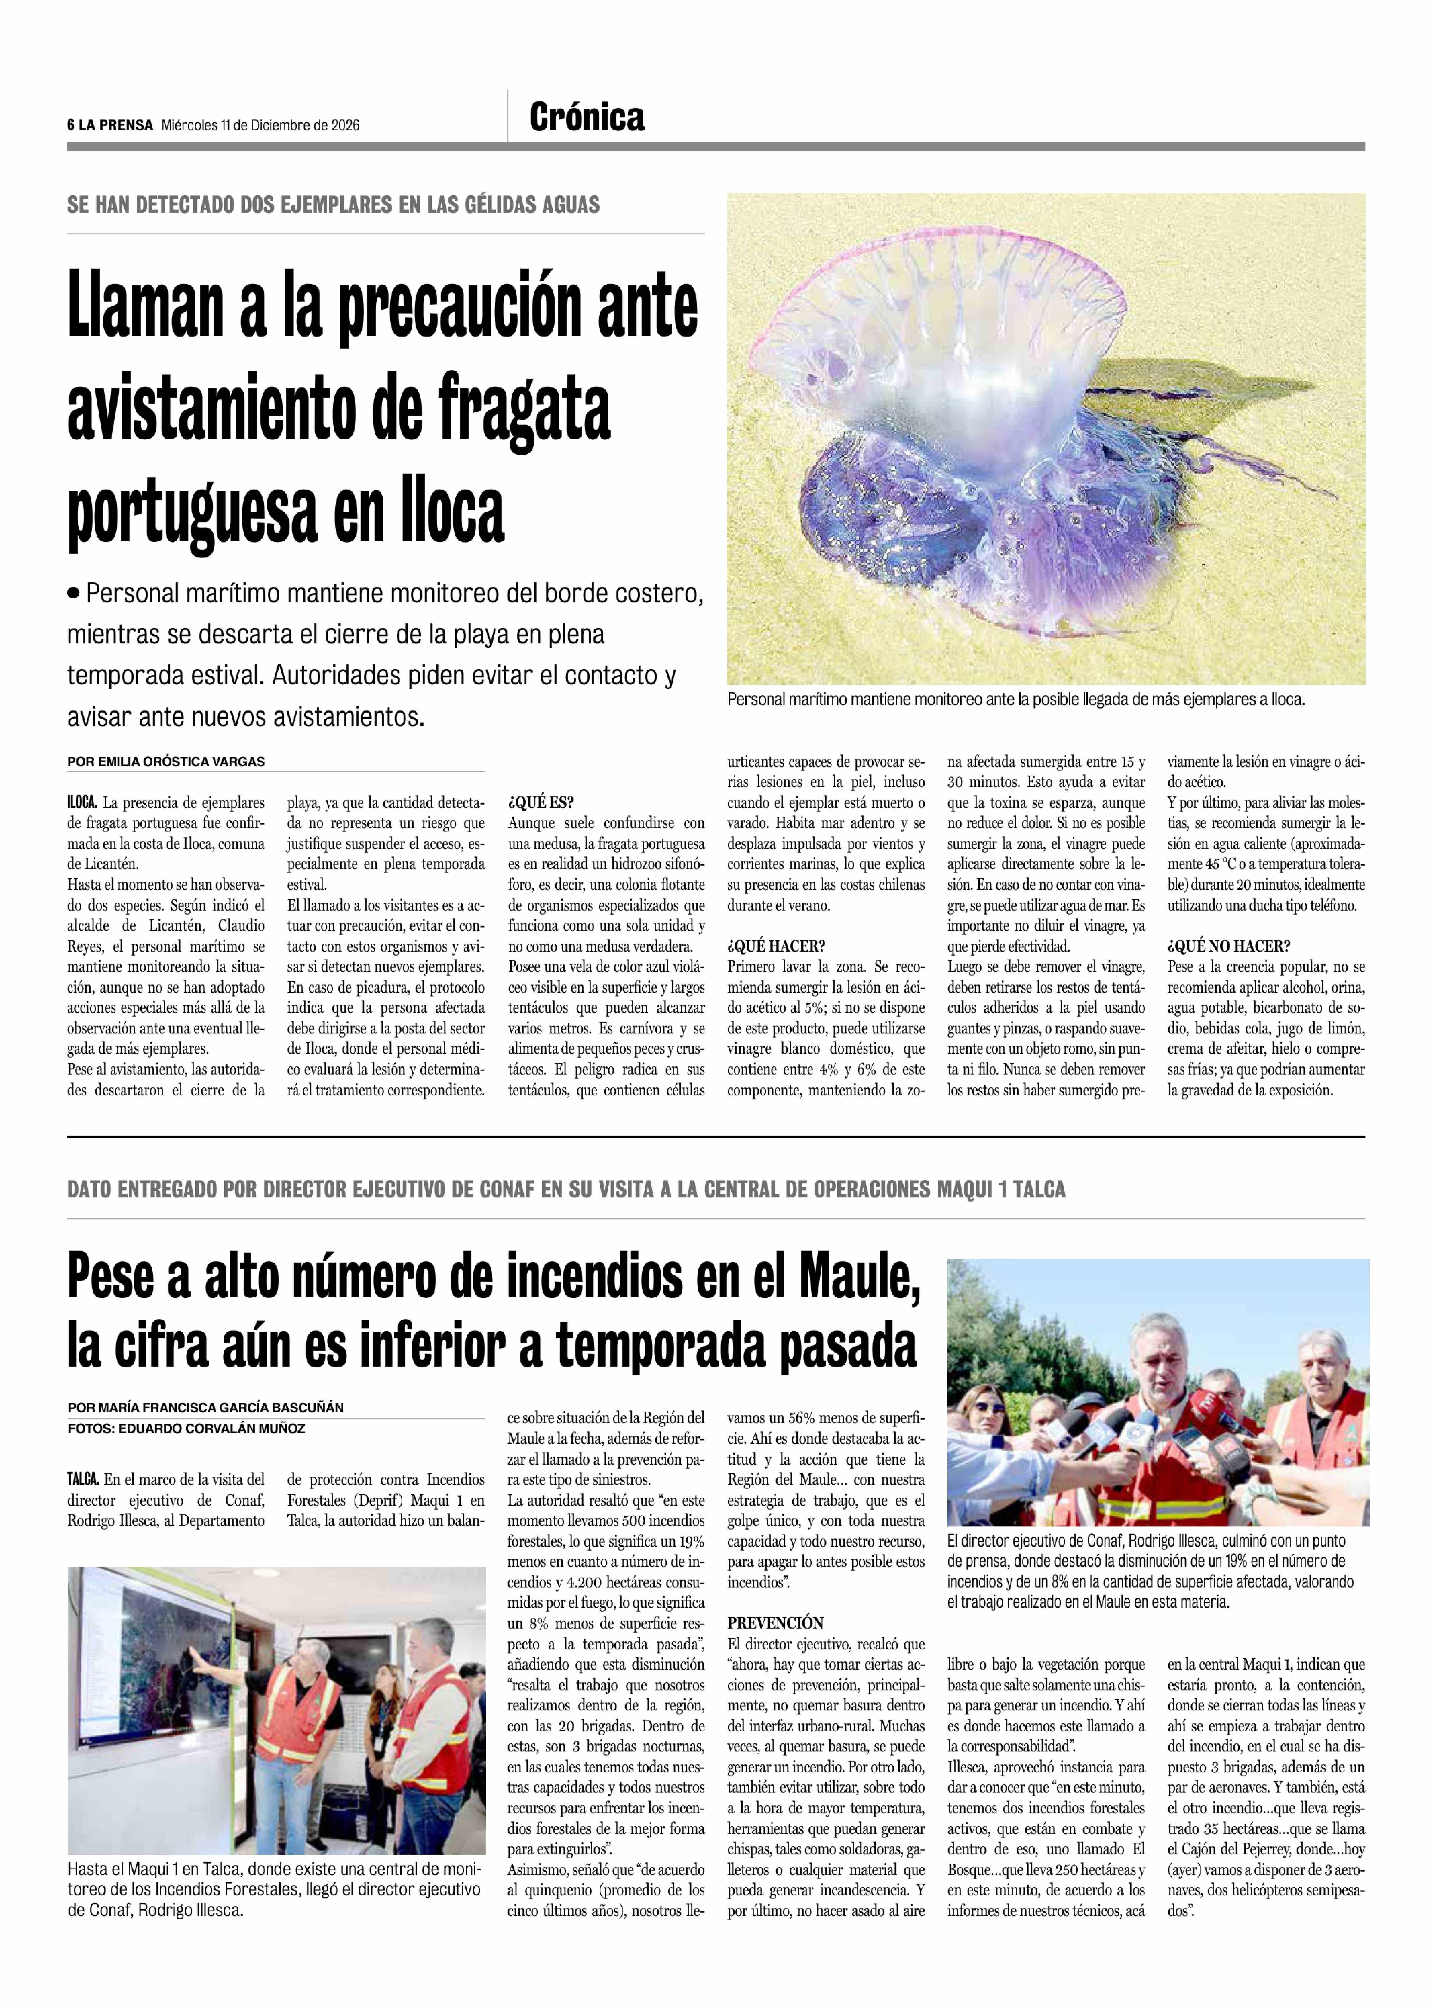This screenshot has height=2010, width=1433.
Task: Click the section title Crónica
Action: tap(587, 117)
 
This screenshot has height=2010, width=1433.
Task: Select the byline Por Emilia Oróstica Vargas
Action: tap(166, 761)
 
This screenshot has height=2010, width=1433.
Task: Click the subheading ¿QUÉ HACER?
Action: tap(776, 946)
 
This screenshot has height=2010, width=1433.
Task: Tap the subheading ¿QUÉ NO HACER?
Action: tap(1228, 946)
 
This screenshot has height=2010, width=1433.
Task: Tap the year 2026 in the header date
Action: tap(345, 125)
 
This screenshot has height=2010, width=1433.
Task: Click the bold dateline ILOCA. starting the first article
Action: tap(82, 803)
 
